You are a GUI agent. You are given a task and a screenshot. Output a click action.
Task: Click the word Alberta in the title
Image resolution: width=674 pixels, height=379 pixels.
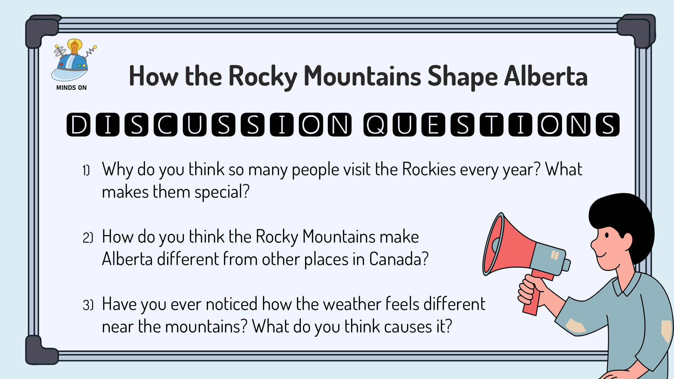546,76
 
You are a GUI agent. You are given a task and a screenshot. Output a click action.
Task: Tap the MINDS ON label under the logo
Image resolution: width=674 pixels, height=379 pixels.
71,88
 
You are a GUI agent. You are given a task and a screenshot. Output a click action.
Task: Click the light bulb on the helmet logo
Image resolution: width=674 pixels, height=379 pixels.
75,46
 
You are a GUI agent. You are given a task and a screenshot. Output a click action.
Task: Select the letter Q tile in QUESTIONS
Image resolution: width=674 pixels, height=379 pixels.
375,125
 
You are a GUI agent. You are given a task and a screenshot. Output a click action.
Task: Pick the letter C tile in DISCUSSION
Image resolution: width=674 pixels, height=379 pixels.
165,125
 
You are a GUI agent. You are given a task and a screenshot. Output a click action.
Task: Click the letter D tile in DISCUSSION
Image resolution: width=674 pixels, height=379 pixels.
78,125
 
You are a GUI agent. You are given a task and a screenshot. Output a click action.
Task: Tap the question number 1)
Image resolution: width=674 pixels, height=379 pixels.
86,171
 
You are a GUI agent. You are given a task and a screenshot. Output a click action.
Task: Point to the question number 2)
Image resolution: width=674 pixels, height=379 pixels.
88,238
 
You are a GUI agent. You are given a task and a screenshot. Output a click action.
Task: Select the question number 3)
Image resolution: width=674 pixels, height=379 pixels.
88,305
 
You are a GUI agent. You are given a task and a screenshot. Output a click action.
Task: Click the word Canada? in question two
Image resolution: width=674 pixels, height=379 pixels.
399,259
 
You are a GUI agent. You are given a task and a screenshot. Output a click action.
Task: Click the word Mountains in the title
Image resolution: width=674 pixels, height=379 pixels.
362,76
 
